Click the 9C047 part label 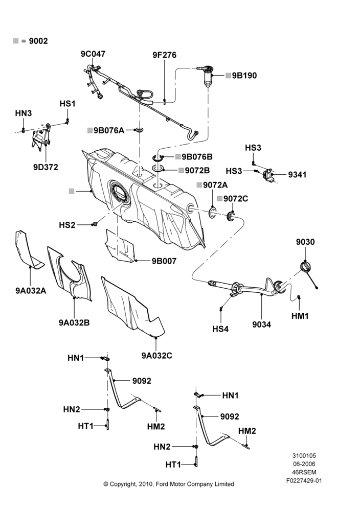[93, 54]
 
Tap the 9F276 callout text [164, 55]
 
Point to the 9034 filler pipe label [261, 324]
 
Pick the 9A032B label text [74, 322]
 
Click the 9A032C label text [156, 356]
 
